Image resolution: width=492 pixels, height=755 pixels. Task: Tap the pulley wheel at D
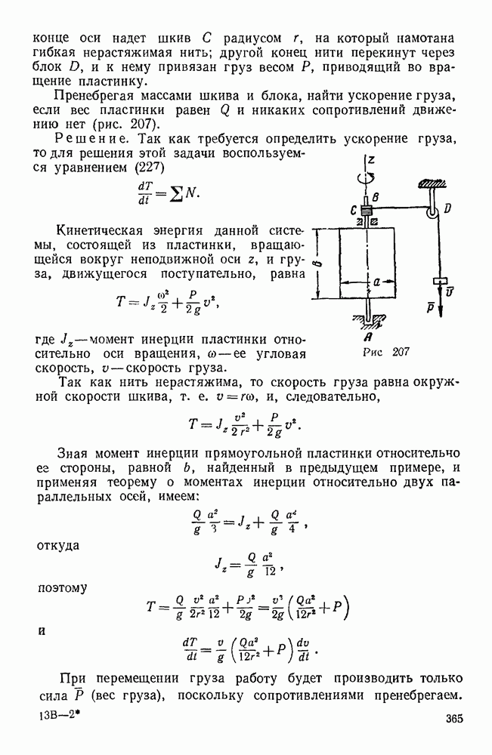point(431,214)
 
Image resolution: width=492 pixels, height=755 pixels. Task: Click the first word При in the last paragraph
point(78,676)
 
